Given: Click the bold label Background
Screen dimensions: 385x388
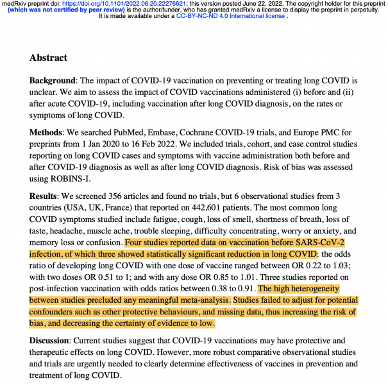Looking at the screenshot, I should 53,81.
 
